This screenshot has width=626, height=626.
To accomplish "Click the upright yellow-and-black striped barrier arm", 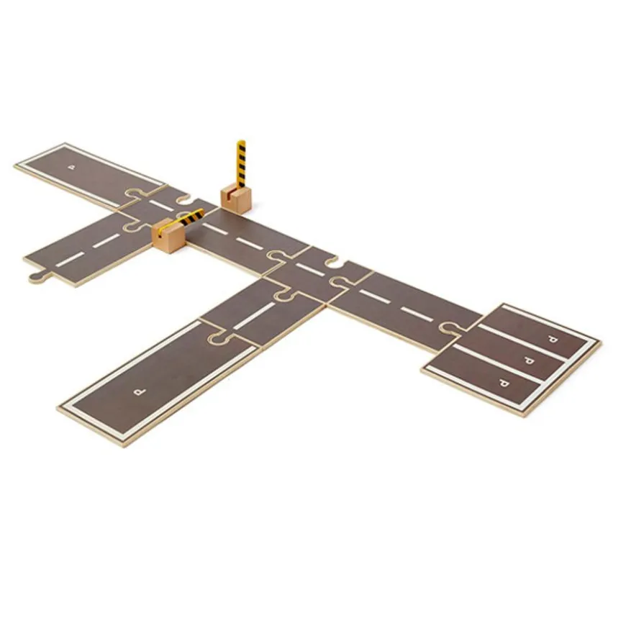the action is click(241, 164).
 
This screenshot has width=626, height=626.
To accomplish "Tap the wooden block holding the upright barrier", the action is click(235, 197).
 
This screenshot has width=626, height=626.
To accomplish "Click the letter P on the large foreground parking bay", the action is click(140, 392).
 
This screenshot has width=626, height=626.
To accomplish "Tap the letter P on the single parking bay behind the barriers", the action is click(72, 167).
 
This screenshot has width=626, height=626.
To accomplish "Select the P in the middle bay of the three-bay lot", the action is click(529, 361).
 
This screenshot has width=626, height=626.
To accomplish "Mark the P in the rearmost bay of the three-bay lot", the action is click(552, 340).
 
